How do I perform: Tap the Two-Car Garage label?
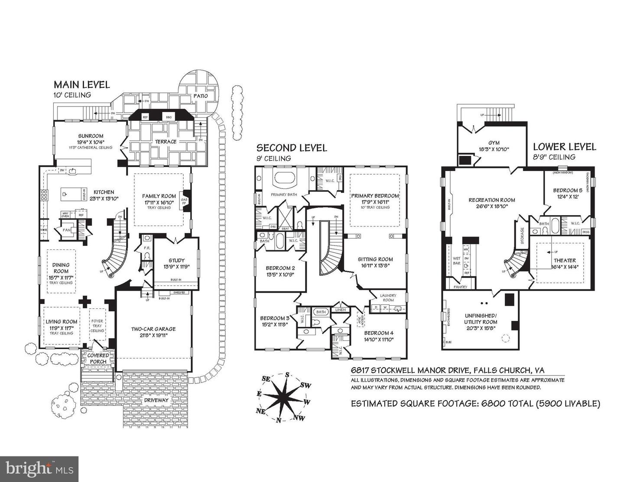153,329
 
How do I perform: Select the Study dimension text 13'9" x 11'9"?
176,267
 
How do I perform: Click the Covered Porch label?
99,359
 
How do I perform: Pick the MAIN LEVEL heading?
81,85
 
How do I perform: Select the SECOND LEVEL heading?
291,148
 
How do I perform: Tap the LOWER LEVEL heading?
564,147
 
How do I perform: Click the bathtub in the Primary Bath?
284,178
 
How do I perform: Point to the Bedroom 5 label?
567,190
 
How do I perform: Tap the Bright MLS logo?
39,469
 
